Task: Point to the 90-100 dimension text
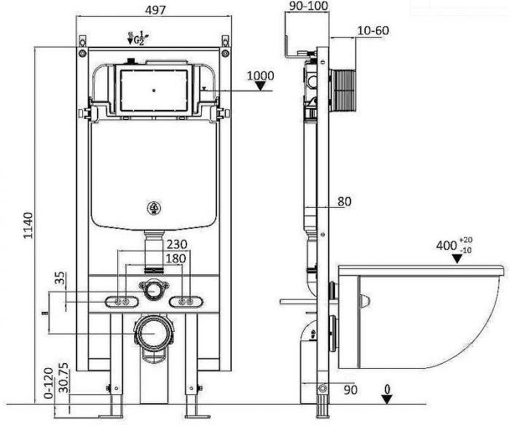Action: click(308, 6)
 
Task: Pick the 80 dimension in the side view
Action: click(344, 202)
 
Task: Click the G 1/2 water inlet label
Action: click(134, 38)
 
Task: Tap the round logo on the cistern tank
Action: click(154, 207)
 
